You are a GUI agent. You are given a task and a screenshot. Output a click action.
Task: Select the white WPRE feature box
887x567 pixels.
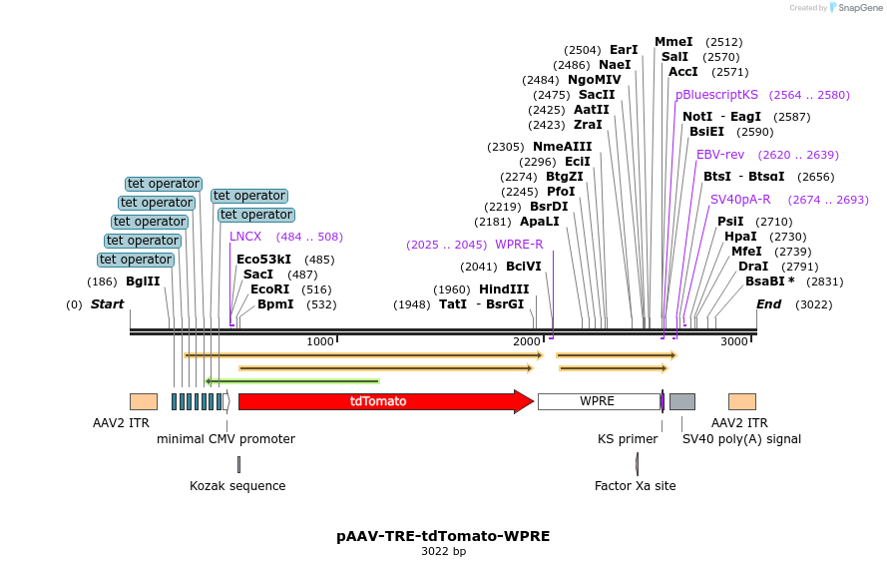click(x=597, y=401)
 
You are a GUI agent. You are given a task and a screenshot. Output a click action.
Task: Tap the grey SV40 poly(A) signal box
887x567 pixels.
click(x=681, y=401)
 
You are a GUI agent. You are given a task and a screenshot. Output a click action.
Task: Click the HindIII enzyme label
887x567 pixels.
click(x=504, y=289)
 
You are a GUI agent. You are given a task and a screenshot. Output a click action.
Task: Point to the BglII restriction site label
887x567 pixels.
click(x=143, y=282)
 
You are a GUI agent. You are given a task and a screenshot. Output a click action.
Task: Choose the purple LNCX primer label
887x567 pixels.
click(x=245, y=237)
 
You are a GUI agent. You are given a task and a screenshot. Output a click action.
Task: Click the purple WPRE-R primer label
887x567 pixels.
click(x=519, y=245)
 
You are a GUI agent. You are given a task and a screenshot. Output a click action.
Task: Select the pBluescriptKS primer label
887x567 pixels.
click(x=716, y=95)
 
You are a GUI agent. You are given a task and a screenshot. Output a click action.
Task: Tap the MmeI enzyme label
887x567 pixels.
click(x=673, y=42)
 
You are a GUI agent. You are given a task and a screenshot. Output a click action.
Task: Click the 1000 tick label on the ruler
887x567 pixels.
click(x=320, y=341)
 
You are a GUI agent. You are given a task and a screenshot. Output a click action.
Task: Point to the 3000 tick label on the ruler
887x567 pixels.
click(x=733, y=341)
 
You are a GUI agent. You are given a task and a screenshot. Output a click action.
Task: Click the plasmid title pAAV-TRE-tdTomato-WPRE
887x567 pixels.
click(x=443, y=535)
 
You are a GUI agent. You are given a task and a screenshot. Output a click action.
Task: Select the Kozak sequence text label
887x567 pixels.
click(x=237, y=486)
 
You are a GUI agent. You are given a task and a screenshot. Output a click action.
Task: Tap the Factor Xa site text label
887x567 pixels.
click(x=636, y=486)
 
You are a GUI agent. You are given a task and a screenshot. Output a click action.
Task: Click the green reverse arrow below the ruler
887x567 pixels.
click(x=291, y=380)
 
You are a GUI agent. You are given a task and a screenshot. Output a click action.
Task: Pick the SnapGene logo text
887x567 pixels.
click(x=858, y=8)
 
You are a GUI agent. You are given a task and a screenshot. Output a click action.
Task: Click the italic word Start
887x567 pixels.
click(x=107, y=304)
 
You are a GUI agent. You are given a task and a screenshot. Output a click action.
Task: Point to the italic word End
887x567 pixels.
click(x=768, y=304)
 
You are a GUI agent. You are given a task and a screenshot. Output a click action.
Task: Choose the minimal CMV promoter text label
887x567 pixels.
click(x=225, y=439)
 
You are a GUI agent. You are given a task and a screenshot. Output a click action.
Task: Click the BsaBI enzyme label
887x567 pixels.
click(x=769, y=282)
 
